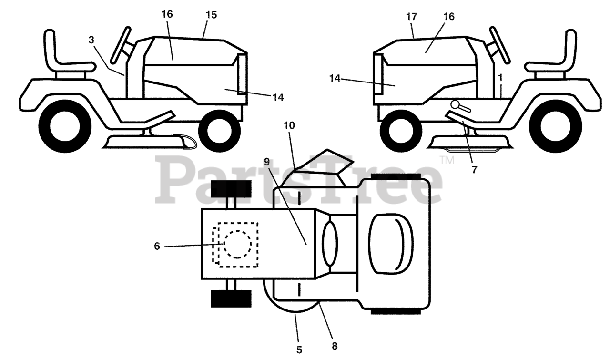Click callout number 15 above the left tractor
(211, 15)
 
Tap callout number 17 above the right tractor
(412, 17)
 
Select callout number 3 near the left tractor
(91, 40)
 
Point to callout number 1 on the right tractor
(500, 77)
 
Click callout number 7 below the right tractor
(474, 169)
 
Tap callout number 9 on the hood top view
(266, 161)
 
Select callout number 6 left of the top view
(157, 246)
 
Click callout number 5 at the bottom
(299, 350)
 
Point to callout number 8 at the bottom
(335, 346)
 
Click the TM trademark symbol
(447, 161)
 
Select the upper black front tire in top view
(231, 189)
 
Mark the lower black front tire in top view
(231, 298)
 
